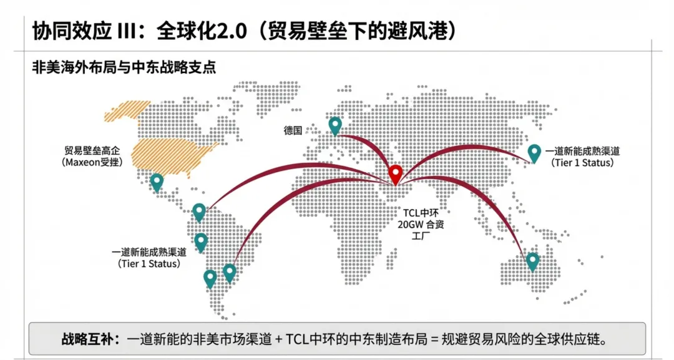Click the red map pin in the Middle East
pos(395,173)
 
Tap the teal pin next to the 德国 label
pos(335,125)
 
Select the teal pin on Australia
pos(532,260)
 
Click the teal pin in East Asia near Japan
pos(534,152)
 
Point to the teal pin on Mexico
pos(157,181)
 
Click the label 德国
pos(293,130)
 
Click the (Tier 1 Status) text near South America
pos(149,264)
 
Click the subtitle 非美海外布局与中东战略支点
pos(124,67)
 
